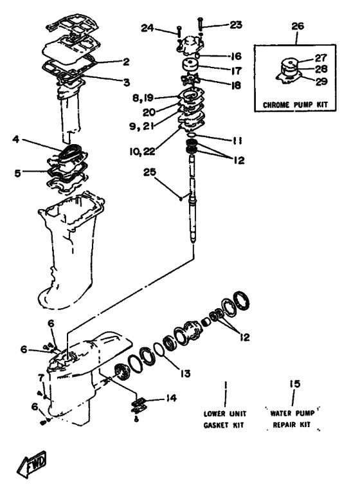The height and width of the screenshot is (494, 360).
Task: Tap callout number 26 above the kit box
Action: pos(298,26)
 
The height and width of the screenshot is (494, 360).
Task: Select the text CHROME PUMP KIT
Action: pos(295,105)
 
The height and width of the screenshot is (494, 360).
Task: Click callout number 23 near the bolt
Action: pos(235,24)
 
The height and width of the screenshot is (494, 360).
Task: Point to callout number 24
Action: pos(147,28)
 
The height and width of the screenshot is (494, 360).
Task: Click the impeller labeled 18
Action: pos(188,79)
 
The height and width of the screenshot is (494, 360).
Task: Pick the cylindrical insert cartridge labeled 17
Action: pos(189,66)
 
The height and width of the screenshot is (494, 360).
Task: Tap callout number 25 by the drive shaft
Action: pos(150,172)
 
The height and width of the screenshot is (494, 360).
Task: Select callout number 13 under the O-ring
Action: pos(185,373)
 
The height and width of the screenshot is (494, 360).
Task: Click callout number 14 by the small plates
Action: pos(171,398)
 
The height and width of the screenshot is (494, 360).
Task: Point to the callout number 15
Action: pos(295,384)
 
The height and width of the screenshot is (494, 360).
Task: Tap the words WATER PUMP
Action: pos(292,413)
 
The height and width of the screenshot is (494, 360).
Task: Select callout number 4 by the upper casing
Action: pos(16,139)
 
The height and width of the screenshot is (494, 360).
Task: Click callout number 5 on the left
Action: pos(17,173)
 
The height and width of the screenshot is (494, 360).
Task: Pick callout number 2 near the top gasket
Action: pos(126,62)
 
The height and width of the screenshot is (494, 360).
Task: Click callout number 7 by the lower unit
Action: pos(40,378)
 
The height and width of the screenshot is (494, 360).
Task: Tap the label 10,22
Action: pos(142,151)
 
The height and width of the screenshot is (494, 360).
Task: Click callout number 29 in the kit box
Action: pos(321,82)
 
